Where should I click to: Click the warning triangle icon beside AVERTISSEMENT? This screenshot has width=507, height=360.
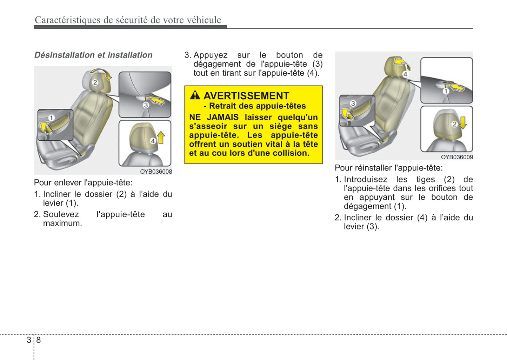(195, 95)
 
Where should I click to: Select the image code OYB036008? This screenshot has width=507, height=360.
(156, 172)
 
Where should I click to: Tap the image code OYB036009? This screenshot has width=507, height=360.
(457, 157)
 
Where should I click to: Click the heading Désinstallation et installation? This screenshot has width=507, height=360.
(93, 55)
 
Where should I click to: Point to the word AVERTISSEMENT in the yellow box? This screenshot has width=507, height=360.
(246, 96)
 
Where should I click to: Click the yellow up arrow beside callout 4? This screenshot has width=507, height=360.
(161, 138)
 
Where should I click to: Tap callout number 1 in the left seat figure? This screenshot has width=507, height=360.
(51, 118)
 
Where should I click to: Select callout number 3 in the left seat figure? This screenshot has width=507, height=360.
(146, 105)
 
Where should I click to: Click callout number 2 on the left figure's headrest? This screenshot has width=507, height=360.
(95, 83)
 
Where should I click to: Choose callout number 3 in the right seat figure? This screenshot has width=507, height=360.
(353, 103)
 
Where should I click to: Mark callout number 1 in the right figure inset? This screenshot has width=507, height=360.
(446, 91)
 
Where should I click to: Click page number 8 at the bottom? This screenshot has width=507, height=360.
(39, 340)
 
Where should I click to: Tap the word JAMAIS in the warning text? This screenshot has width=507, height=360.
(222, 117)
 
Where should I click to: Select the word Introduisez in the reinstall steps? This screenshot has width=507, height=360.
(366, 179)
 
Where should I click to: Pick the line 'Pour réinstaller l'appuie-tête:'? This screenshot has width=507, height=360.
(389, 168)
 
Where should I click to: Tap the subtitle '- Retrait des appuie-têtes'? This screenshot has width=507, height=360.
(255, 106)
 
